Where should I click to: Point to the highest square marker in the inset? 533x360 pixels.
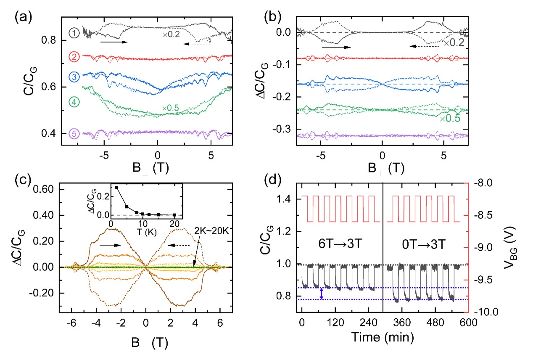click(x=116, y=188)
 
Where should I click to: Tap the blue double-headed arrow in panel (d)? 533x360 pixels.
click(x=322, y=294)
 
